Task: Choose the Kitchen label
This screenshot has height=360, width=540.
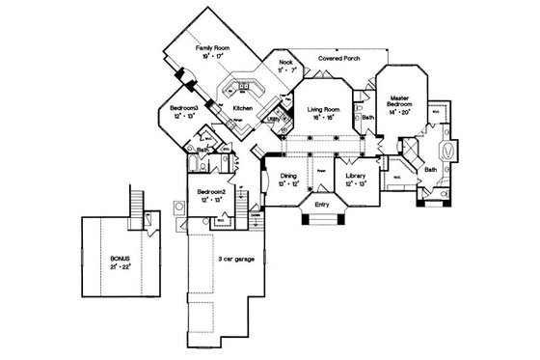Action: pyautogui.click(x=243, y=110)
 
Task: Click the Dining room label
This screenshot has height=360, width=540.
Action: pyautogui.click(x=286, y=175)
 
